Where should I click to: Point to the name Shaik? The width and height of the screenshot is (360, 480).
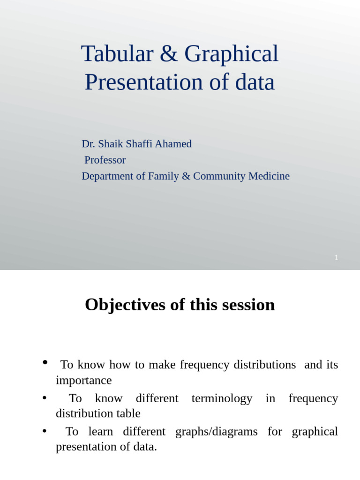(x=111, y=144)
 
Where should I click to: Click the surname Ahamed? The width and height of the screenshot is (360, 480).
(x=173, y=144)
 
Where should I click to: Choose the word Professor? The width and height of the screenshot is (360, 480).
(x=105, y=160)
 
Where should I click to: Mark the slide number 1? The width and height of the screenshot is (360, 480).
(x=336, y=258)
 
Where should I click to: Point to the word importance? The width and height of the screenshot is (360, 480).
(x=83, y=380)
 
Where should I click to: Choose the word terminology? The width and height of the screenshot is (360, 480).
(x=222, y=398)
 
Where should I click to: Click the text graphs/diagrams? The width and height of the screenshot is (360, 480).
(x=216, y=432)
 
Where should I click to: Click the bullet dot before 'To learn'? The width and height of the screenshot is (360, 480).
(x=45, y=430)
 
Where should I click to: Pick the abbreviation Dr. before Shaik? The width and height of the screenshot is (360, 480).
(x=88, y=144)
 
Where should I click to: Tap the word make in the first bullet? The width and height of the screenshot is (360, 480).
(x=158, y=365)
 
